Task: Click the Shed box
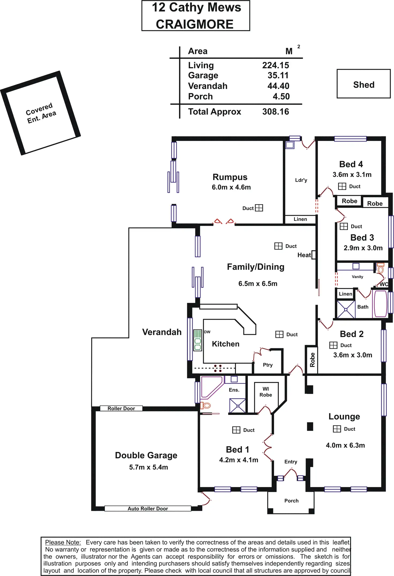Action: (363, 84)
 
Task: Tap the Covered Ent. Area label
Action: (41, 113)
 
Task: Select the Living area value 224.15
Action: (275, 65)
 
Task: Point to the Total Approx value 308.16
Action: (275, 112)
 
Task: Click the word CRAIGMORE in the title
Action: (195, 24)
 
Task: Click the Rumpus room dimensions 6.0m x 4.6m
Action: (231, 187)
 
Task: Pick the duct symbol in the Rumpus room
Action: (259, 208)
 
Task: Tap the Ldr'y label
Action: (301, 180)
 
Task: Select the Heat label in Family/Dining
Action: (304, 255)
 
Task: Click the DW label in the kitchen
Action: (207, 332)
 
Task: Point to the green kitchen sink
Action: (198, 340)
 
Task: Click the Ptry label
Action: (268, 365)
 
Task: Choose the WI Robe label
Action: (266, 392)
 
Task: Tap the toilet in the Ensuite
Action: (205, 406)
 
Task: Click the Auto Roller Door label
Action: (148, 508)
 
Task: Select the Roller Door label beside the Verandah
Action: (121, 408)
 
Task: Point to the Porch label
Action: (291, 500)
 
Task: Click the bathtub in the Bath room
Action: (380, 304)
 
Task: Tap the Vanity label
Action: (357, 277)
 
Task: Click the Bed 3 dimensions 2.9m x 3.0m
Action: (363, 248)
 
